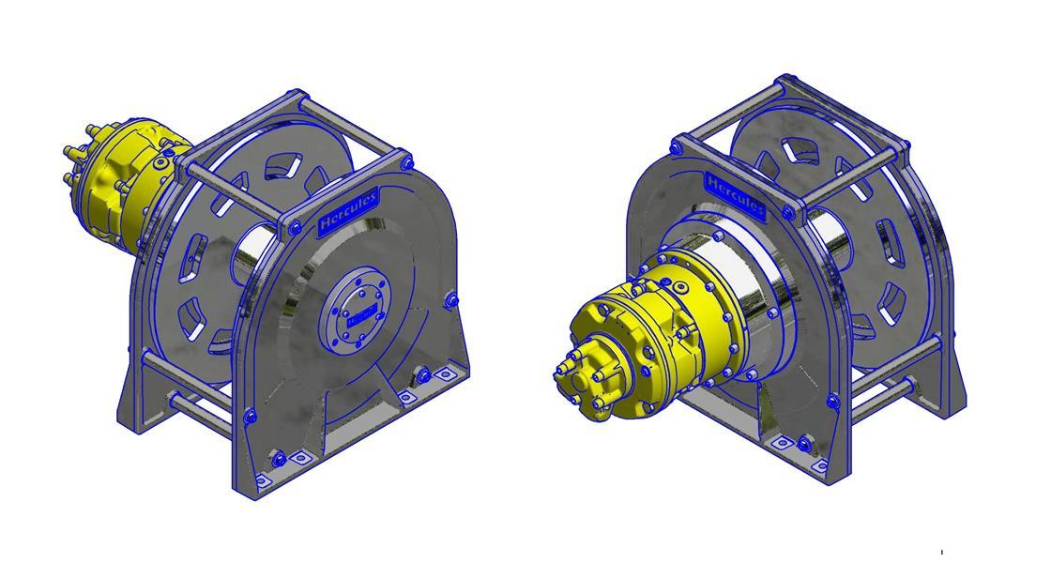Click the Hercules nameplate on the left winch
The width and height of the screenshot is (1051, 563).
click(x=349, y=211)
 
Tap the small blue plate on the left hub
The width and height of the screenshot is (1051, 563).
click(x=358, y=319)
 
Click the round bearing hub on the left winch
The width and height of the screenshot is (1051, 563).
click(x=356, y=314)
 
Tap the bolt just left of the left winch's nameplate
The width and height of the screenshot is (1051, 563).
click(x=295, y=225)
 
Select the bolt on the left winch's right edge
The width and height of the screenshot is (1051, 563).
click(x=451, y=299)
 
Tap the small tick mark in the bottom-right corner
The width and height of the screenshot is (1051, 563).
click(x=941, y=552)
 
